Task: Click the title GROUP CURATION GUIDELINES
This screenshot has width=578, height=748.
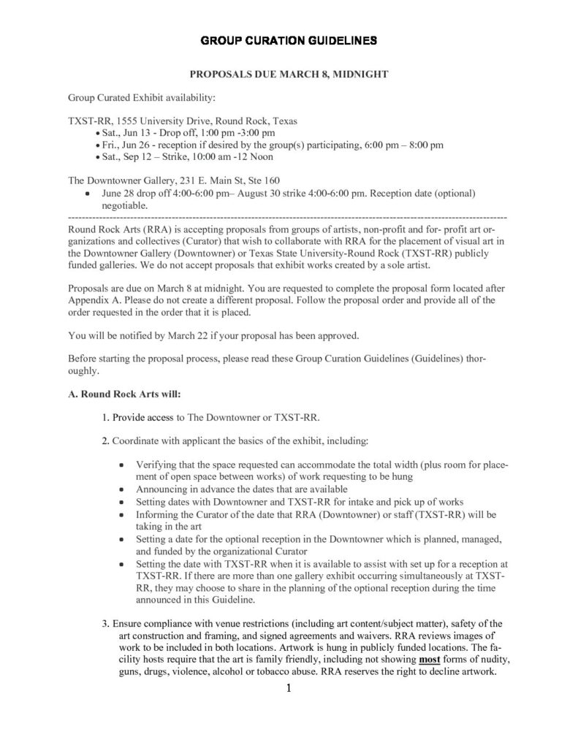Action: tap(289, 39)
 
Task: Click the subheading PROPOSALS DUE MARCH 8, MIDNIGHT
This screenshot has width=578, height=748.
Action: tap(289, 75)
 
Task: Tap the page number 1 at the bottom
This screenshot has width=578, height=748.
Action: tap(289, 688)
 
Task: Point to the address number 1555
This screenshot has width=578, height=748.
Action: tap(121, 121)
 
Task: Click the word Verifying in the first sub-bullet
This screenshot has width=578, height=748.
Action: tap(157, 465)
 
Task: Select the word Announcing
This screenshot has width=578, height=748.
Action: tap(162, 488)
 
